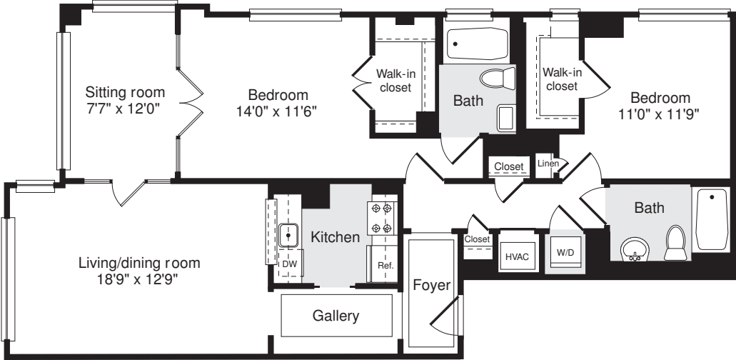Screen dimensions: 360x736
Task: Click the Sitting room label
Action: (125, 92)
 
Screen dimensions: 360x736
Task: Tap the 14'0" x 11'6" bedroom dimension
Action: (278, 111)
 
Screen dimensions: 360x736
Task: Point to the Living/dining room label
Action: (139, 263)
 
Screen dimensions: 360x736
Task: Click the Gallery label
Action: (336, 316)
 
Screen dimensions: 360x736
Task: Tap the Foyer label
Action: (432, 286)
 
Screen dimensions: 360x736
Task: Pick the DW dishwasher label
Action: (289, 264)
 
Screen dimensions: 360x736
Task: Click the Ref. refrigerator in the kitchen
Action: (385, 265)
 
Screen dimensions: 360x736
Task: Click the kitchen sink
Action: (288, 234)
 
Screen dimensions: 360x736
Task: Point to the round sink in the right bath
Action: (633, 249)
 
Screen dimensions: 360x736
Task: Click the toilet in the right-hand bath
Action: (675, 244)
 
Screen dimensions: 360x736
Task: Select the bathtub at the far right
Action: (711, 219)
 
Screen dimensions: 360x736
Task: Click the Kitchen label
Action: (335, 237)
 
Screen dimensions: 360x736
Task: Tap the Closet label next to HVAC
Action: (476, 239)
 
